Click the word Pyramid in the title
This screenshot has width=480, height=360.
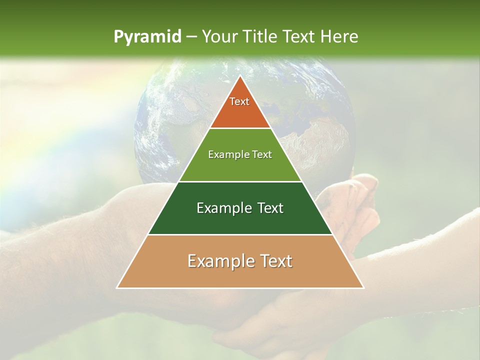147,37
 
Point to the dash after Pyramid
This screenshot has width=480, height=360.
191,37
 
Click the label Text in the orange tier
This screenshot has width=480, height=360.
239,101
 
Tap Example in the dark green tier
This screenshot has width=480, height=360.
218,208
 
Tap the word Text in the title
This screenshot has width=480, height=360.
299,37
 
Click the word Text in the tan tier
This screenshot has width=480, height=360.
272,261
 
